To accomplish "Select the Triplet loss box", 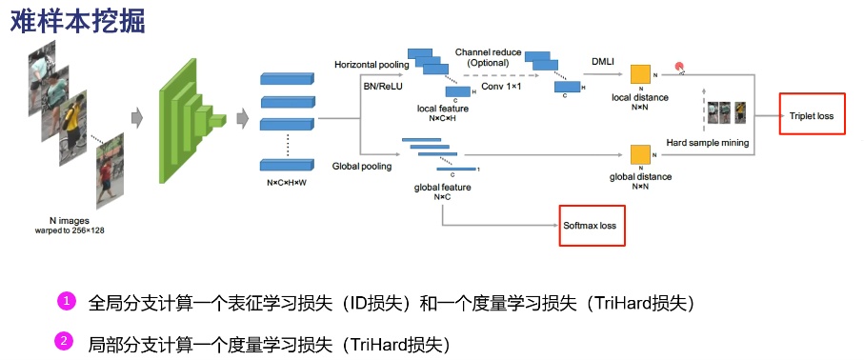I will pos(811,116).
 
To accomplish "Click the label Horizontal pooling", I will pos(371,64).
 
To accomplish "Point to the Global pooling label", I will pos(361,166).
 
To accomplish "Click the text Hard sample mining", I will pos(707,142).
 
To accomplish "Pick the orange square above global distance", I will pos(638,155).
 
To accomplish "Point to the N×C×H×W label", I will pos(286,181).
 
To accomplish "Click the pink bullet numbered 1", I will pos(66,302).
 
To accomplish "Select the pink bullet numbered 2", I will pos(66,341).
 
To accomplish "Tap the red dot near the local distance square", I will pos(679,67).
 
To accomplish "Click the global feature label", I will pos(442,187).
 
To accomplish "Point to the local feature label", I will pos(442,109).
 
